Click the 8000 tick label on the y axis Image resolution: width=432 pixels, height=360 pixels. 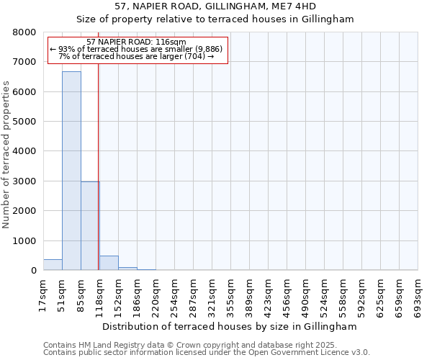click(25, 32)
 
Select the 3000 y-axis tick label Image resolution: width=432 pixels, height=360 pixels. click(25, 181)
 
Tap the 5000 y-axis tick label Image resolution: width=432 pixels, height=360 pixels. click(25, 122)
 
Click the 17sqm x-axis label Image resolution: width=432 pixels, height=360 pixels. click(43, 296)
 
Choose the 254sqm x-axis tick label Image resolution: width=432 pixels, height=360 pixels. click(174, 296)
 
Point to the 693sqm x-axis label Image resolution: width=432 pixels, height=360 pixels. click(418, 296)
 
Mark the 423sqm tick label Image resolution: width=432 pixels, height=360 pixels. click(268, 296)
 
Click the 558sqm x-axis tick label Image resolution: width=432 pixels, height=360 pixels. click(343, 296)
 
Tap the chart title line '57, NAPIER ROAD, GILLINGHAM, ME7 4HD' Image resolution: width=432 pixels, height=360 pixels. click(215, 6)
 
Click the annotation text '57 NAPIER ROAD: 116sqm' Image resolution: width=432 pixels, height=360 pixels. click(136, 42)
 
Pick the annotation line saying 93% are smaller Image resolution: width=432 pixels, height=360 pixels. click(137, 49)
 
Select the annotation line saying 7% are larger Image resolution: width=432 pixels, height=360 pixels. click(137, 55)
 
